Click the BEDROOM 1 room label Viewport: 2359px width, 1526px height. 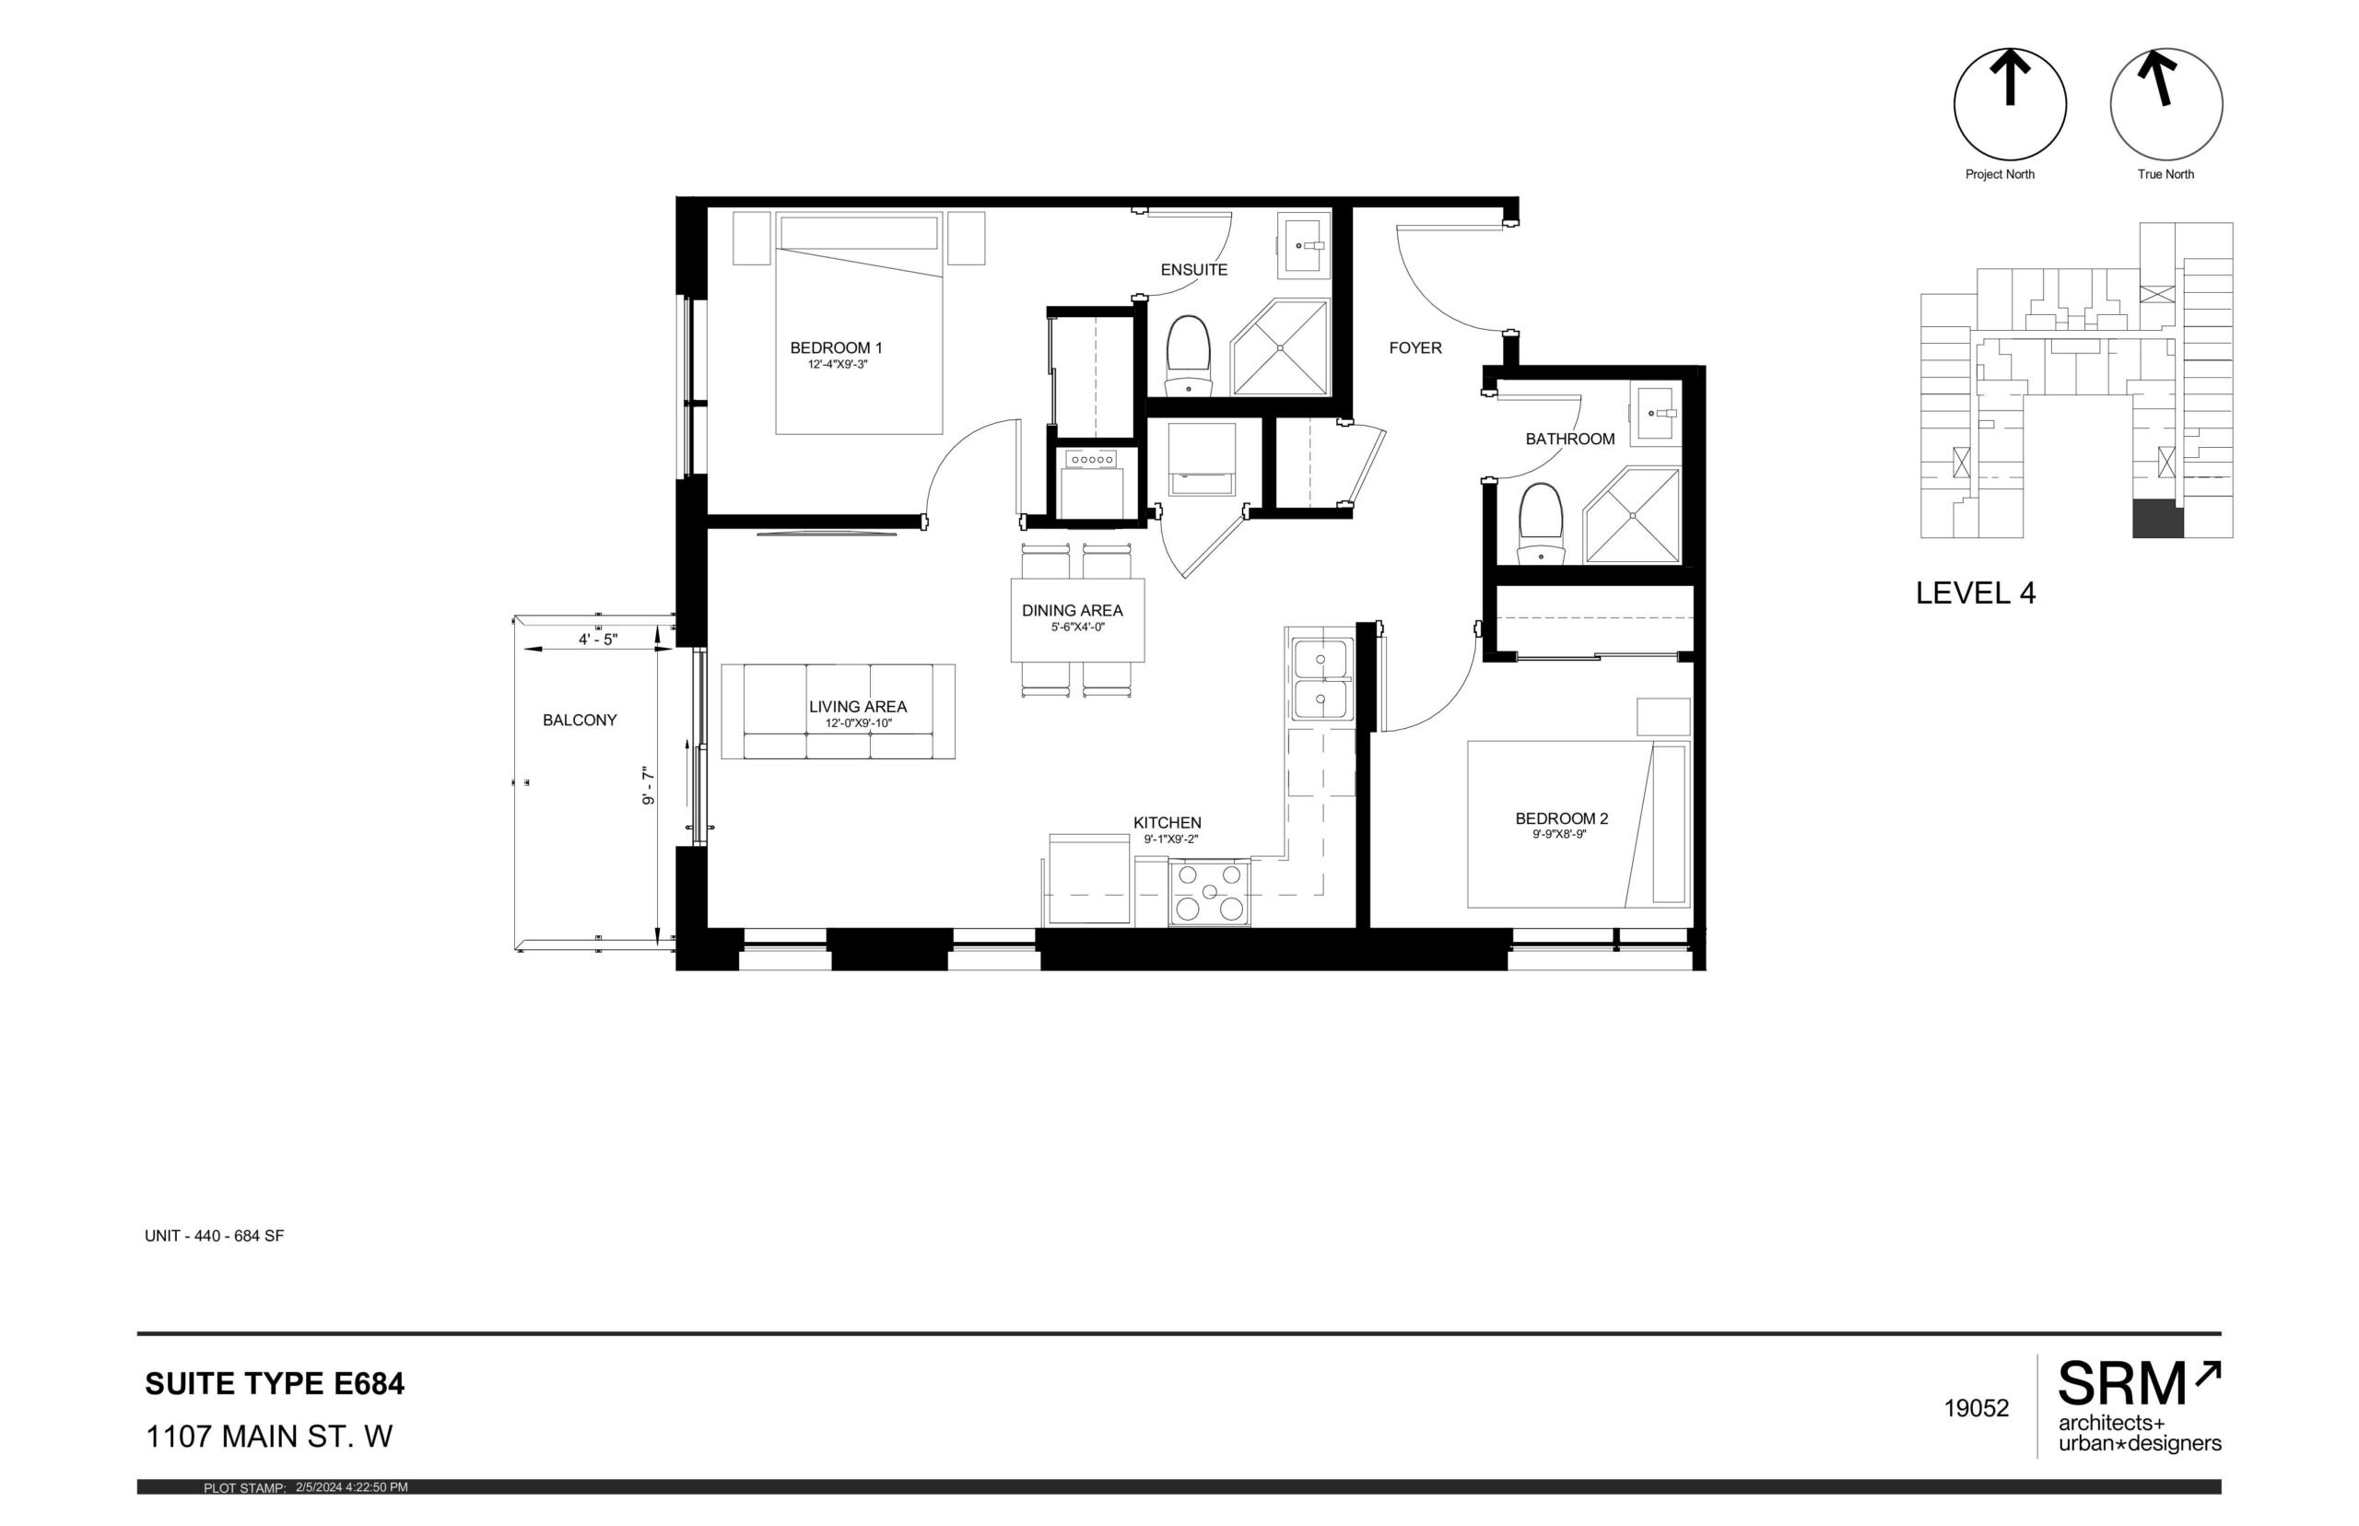coord(835,347)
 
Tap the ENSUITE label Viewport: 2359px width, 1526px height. coord(1193,269)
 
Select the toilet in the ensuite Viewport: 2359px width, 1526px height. coord(1188,356)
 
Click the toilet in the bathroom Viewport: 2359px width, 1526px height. coord(1541,523)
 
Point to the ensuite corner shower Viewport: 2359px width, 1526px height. coord(1279,347)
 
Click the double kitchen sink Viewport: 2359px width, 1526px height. coord(1320,679)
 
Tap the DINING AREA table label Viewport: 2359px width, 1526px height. coord(1072,610)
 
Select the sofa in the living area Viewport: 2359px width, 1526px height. coord(838,711)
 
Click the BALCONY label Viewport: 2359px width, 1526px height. coord(580,721)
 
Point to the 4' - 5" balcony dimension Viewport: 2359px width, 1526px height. coord(597,640)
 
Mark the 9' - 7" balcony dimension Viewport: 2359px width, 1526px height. coord(649,785)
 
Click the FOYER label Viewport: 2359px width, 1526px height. coord(1414,347)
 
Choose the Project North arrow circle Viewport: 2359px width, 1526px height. coord(2009,104)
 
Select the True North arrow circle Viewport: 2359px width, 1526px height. coord(2165,104)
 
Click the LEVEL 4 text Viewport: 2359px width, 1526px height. coord(1975,593)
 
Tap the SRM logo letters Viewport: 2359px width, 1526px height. coord(2122,1383)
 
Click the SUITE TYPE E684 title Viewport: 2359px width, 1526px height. coord(275,1383)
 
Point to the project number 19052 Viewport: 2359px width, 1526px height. coord(1976,1408)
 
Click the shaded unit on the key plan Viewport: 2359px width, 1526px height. coord(2157,519)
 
